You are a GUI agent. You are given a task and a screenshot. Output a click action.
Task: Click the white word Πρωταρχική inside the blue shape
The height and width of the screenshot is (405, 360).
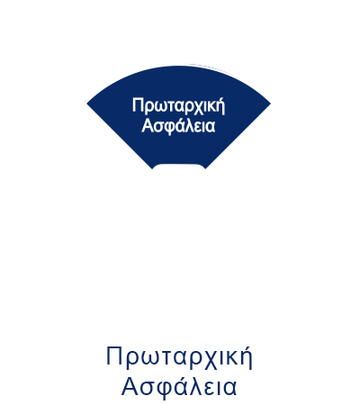click(x=178, y=106)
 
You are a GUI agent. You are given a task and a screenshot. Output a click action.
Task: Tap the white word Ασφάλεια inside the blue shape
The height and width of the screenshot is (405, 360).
click(x=178, y=125)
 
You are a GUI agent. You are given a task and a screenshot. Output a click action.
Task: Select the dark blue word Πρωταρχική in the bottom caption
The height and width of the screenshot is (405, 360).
click(x=179, y=358)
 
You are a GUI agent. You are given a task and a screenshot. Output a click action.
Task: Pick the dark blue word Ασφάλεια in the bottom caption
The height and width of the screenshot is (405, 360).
click(x=179, y=387)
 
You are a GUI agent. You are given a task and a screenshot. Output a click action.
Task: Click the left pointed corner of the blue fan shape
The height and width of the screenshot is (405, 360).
click(x=87, y=103)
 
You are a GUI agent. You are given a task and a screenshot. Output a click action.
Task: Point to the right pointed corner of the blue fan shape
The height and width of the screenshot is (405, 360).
click(x=270, y=103)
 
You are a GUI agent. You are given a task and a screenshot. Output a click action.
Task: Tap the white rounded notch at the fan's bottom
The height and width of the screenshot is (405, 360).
click(x=179, y=166)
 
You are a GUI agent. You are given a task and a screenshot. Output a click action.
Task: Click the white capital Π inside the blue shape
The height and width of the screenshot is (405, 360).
click(x=137, y=105)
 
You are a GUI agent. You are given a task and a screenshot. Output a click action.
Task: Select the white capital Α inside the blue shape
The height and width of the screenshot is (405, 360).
click(x=147, y=125)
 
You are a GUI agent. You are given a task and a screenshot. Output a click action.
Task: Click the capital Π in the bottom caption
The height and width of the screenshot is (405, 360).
click(x=114, y=355)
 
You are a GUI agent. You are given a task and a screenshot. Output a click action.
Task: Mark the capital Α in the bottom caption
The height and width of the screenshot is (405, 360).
click(x=130, y=386)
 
